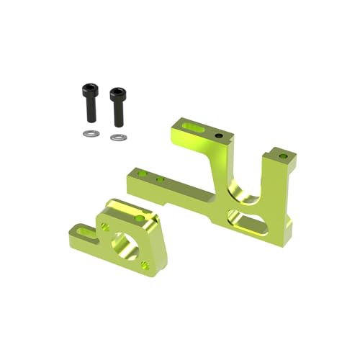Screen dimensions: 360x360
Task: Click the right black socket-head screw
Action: (117, 107)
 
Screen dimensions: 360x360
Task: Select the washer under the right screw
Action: (117, 137)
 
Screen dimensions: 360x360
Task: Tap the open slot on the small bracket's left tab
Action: (85, 231)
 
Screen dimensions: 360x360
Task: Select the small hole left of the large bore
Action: (105, 227)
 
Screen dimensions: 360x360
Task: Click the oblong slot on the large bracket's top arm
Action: (192, 127)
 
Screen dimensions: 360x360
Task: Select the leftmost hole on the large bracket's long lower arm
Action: (143, 173)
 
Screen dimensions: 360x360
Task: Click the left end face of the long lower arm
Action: (130, 181)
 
